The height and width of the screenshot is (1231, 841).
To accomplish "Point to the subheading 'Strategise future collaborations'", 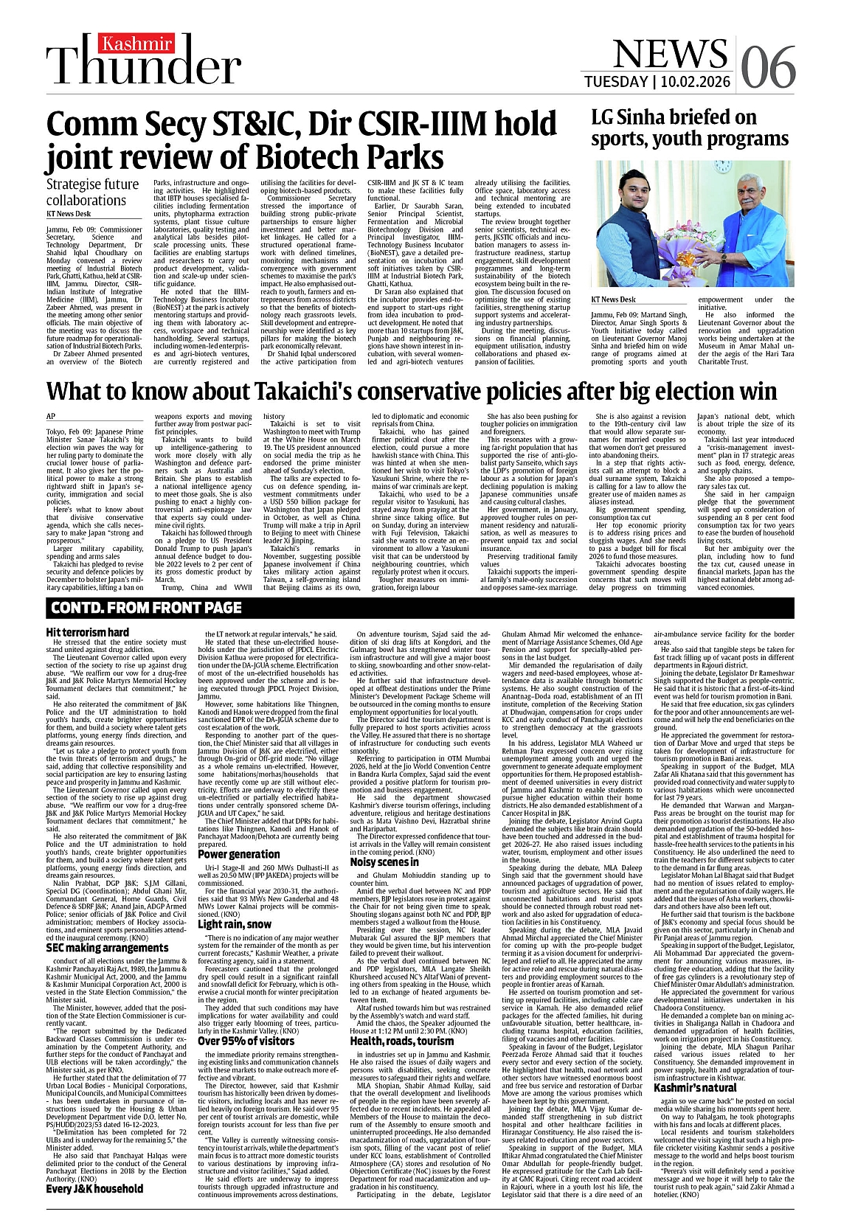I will [92, 192].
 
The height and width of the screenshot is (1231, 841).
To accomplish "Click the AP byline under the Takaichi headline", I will [50, 416].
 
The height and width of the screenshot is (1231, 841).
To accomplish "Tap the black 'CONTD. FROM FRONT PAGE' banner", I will [145, 608].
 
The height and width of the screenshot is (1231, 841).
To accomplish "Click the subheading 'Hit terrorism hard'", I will [87, 632].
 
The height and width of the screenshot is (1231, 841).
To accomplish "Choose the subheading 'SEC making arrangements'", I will [97, 947].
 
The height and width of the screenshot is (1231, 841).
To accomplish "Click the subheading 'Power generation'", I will [238, 854].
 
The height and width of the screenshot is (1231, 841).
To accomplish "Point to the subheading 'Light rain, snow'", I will [234, 923].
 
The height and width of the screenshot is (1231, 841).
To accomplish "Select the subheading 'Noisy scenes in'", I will [384, 861].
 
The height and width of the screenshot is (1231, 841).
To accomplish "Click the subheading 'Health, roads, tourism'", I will [401, 1041].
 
